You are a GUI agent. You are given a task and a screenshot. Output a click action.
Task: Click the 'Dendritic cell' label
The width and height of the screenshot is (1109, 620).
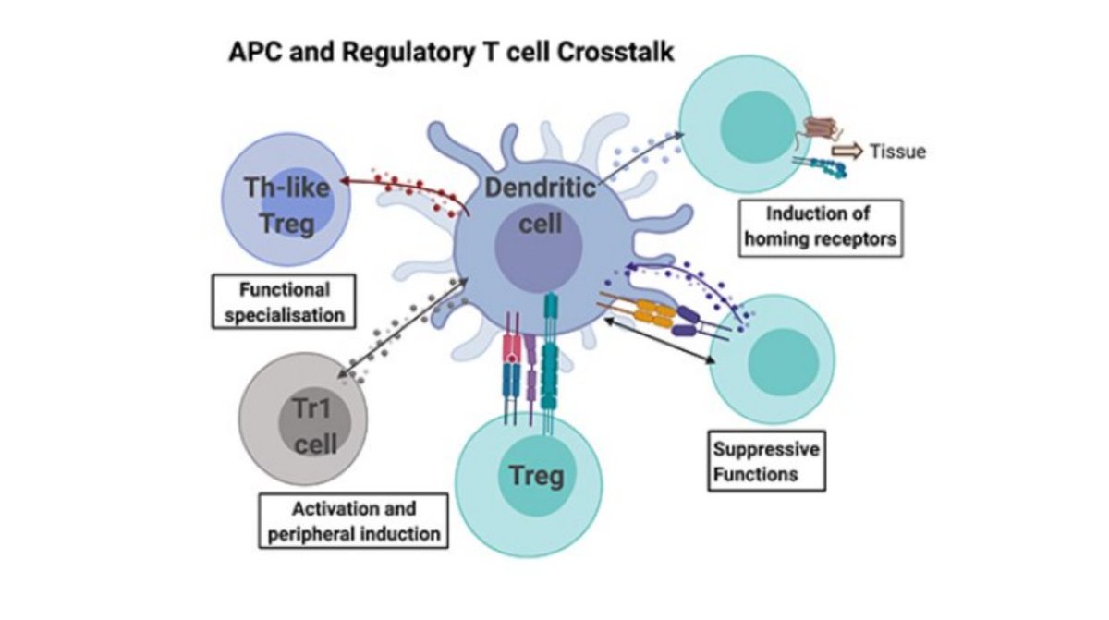541,206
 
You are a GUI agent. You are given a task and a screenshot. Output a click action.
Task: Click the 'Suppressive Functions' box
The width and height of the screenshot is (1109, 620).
766,462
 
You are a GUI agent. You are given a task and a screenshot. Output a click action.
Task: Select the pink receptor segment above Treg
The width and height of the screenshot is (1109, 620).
511,348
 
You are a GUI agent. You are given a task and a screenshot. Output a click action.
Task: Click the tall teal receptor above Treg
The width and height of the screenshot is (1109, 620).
552,351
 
